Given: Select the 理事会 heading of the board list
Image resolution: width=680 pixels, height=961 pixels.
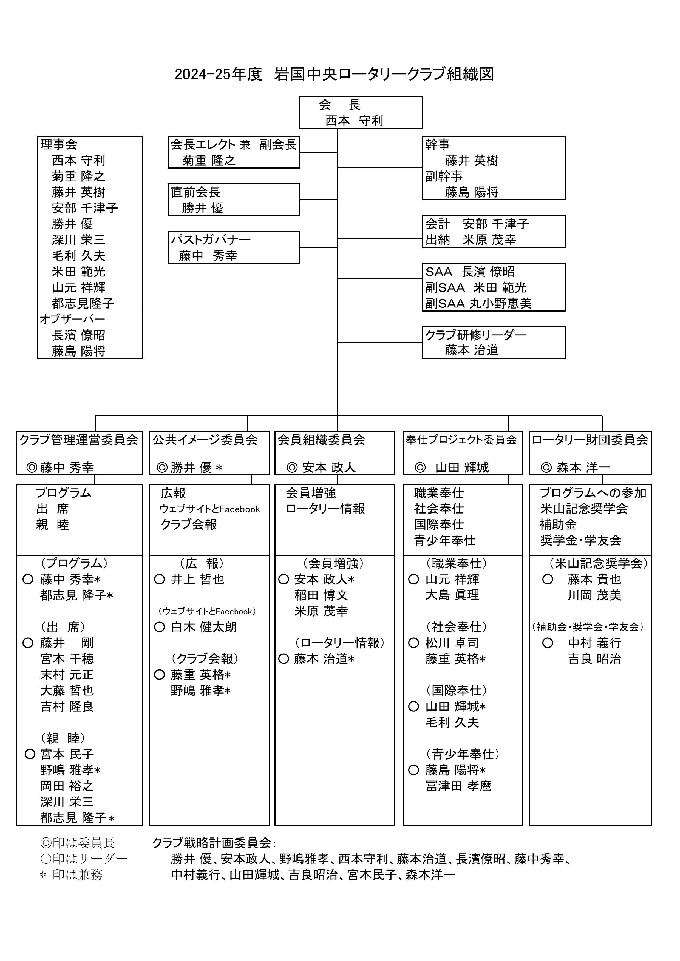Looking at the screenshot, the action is [x=59, y=144].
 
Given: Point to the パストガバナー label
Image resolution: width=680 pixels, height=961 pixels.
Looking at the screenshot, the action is [x=211, y=239].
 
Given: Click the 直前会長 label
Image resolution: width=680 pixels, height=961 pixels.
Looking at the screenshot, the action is [x=195, y=192].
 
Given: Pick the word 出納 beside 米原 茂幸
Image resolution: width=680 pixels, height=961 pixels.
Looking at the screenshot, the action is [x=438, y=240].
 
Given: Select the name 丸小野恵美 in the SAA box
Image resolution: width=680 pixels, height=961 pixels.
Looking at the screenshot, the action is [x=500, y=303].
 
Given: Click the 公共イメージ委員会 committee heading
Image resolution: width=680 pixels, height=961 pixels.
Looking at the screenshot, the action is [x=205, y=440].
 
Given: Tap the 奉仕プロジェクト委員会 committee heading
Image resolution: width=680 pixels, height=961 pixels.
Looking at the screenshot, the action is [x=461, y=440].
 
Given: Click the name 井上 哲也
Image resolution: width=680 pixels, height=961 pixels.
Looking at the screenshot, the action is [x=198, y=579].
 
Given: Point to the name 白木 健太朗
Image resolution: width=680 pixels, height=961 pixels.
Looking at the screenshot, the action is [x=204, y=627].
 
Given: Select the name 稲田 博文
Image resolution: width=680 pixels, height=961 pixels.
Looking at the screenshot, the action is [x=321, y=595].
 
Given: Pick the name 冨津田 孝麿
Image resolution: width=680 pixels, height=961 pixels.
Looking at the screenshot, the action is [x=458, y=786].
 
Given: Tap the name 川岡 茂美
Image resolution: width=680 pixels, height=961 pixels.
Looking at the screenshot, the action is [x=594, y=595].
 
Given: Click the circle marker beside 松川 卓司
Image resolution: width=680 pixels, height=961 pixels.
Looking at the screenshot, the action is [x=414, y=643].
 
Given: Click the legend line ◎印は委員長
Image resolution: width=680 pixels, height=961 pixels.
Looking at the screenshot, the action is [x=78, y=843].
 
